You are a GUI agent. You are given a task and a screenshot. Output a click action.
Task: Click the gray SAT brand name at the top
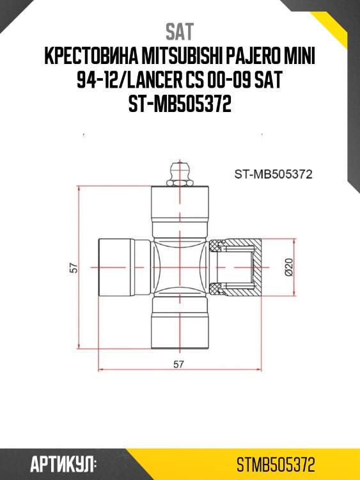180,31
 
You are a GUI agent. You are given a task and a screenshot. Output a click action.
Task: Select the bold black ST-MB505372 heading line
180,106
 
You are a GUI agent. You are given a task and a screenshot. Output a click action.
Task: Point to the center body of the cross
180,269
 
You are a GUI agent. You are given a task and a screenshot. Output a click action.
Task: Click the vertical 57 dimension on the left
74,269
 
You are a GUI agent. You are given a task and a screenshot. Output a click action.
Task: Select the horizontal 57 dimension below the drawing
180,365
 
